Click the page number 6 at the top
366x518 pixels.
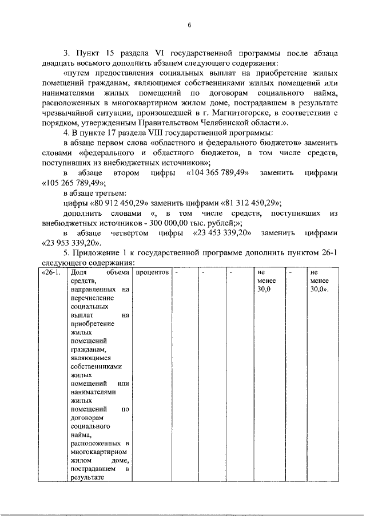pyautogui.click(x=189, y=24)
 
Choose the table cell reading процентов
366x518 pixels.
pyautogui.click(x=153, y=272)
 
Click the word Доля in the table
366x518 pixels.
pyautogui.click(x=79, y=272)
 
